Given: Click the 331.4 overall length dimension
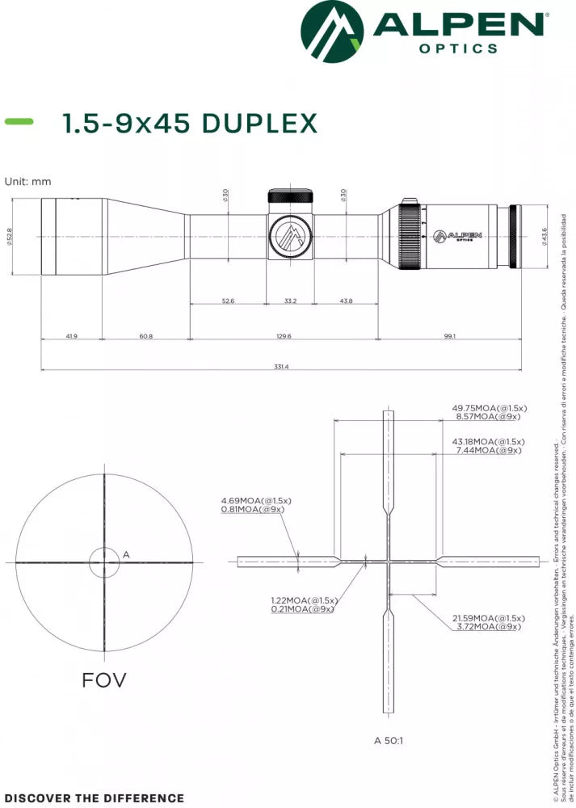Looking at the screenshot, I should click(281, 367).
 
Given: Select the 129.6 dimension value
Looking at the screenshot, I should click(283, 336).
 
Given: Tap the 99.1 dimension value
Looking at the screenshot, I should click(449, 336).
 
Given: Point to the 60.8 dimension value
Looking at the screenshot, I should click(145, 336).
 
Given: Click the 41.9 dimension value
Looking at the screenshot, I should click(72, 336).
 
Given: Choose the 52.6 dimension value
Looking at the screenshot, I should click(228, 301).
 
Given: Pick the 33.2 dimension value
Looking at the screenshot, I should click(291, 301).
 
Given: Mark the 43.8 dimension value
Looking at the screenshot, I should click(346, 301).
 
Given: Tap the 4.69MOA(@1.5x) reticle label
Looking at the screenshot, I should click(256, 501).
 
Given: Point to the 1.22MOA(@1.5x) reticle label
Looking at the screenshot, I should click(304, 600).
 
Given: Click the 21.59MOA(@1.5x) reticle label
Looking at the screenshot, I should click(488, 617).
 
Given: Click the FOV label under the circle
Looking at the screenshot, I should click(103, 680).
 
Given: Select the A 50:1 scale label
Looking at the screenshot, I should click(389, 739).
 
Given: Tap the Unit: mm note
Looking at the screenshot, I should click(27, 182).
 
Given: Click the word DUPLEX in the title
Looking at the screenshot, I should click(259, 124).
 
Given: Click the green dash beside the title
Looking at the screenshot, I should click(19, 121).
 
